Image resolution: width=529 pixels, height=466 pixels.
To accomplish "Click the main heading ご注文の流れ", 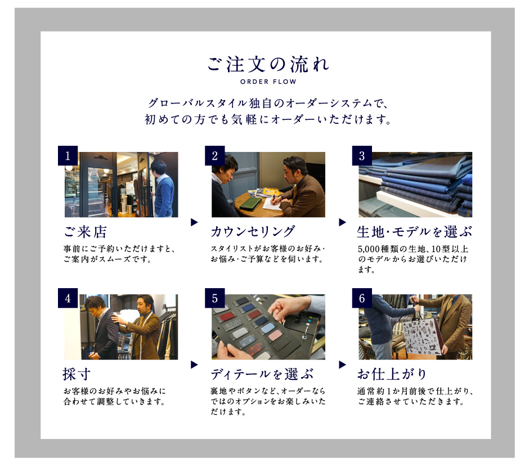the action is coord(268,64).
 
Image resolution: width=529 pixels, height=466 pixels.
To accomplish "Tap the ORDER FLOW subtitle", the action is coord(268,82).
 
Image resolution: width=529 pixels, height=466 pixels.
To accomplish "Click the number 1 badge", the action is coord(68,155).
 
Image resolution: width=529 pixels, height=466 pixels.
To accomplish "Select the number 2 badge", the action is coord(215,155).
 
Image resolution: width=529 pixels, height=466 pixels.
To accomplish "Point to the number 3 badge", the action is coord(362,155).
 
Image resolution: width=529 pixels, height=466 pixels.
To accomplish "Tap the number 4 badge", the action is coord(68,298).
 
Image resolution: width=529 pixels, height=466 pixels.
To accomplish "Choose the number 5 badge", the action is coord(215,298).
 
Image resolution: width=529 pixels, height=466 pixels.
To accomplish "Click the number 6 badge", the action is coord(362,298).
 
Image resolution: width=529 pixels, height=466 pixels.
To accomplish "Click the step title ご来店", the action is coord(86,232).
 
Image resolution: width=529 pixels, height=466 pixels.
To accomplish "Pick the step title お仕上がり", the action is coord(392,374).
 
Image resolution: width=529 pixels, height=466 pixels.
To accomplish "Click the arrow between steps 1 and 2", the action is coord(194,222).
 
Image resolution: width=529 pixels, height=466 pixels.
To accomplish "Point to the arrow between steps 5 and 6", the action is coord(342,365).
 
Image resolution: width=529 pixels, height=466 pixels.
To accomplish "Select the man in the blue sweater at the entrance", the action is coord(164,189).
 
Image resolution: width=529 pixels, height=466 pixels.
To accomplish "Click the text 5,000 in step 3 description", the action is coord(369,249).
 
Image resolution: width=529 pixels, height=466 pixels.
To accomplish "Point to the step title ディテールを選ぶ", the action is coord(262,374).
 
